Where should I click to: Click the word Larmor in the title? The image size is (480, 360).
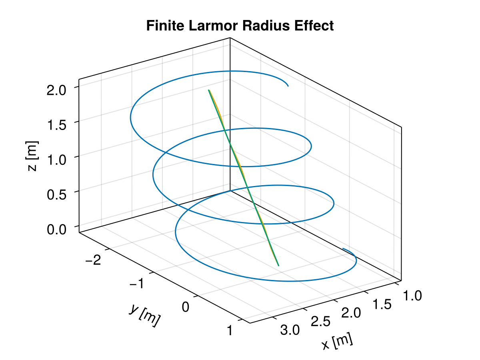[220, 26]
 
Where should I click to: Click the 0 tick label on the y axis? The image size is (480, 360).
[186, 307]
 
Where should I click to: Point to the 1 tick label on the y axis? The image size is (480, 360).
[231, 331]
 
